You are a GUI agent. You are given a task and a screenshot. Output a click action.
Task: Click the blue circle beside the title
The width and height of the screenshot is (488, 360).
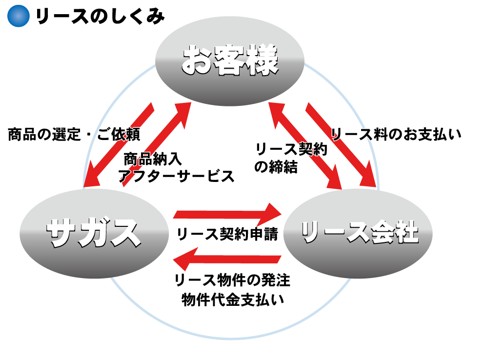19,16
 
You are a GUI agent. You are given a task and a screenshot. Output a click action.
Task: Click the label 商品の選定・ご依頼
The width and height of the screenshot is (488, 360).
74,135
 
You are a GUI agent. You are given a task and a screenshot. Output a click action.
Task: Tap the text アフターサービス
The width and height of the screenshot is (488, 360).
176,176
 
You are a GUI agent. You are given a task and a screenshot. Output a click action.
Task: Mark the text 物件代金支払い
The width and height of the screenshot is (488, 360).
232,299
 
